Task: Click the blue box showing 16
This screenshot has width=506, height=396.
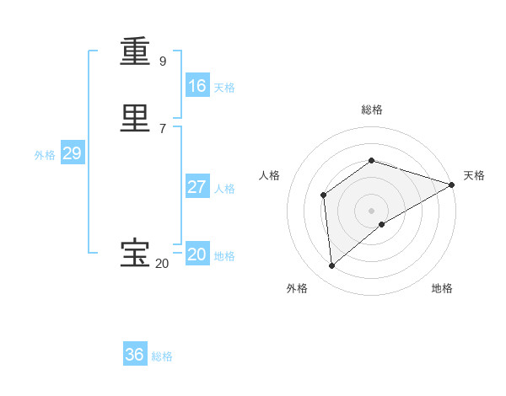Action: click(196, 86)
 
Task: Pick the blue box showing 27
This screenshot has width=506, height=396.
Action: click(196, 187)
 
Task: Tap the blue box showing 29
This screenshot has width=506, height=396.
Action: click(72, 153)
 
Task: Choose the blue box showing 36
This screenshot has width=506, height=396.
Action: click(135, 355)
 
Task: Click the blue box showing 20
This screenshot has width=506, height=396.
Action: click(196, 254)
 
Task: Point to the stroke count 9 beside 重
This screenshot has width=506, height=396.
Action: click(163, 61)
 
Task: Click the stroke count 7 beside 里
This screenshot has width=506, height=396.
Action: click(163, 128)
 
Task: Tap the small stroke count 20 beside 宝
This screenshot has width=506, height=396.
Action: click(162, 264)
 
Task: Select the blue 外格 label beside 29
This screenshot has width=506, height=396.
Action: click(45, 155)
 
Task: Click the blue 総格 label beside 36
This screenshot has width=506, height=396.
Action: click(162, 356)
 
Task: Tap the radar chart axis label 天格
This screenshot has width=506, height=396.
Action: click(474, 175)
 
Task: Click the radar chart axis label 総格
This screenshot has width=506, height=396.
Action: click(372, 110)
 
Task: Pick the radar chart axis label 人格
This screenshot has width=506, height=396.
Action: click(269, 175)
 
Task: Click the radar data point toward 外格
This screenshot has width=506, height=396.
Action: click(331, 266)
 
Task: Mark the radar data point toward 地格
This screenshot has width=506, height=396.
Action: click(382, 224)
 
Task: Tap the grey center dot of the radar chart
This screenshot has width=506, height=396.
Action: click(372, 211)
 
